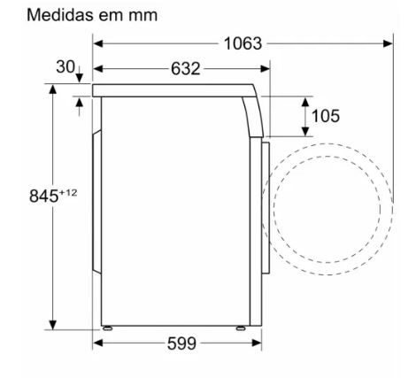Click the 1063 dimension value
pos(243,43)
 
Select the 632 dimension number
pos(186,69)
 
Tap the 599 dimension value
pos(181,343)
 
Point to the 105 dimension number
pos(326,116)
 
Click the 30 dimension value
pos(65,66)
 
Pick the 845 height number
pos(44,196)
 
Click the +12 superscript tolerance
pos(68,193)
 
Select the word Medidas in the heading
pos(61,15)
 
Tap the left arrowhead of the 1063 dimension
pos(98,43)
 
